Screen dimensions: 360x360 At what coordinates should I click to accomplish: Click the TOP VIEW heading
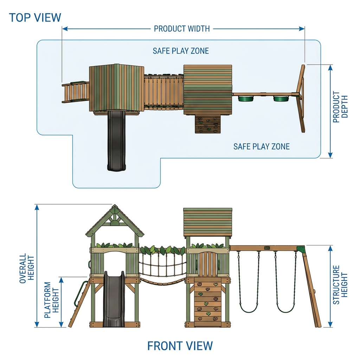pyautogui.click(x=35, y=18)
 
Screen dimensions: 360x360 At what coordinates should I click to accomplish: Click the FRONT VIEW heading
pyautogui.click(x=180, y=346)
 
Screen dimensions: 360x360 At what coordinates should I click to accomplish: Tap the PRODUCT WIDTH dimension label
pyautogui.click(x=182, y=29)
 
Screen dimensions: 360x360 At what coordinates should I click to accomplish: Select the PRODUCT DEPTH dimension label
pyautogui.click(x=340, y=107)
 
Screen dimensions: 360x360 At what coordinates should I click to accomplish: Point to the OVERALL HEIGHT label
pyautogui.click(x=27, y=268)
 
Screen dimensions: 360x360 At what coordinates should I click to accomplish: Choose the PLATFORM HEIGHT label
pyautogui.click(x=52, y=300)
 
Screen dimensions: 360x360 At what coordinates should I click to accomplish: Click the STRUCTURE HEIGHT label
pyautogui.click(x=340, y=285)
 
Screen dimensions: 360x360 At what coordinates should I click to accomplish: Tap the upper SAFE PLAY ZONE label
pyautogui.click(x=181, y=51)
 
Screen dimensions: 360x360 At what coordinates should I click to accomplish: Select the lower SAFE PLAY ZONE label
pyautogui.click(x=262, y=147)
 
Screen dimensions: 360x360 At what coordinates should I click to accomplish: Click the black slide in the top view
pyautogui.click(x=117, y=141)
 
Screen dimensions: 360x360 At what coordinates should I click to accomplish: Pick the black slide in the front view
pyautogui.click(x=114, y=299)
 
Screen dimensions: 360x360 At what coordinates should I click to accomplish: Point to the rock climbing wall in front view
pyautogui.click(x=208, y=302)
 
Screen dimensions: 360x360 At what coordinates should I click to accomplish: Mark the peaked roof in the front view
pyautogui.click(x=115, y=220)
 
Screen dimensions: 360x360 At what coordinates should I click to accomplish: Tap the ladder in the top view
pyautogui.click(x=75, y=92)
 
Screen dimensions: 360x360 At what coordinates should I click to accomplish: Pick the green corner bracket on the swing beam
pyautogui.click(x=300, y=249)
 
